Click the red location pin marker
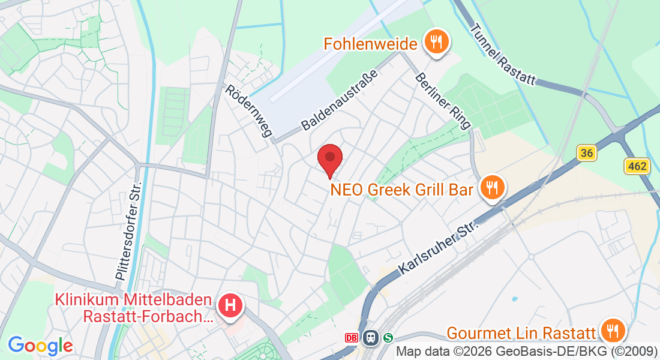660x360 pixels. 329,159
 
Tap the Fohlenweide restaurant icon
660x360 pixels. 436,43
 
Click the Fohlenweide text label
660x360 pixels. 370,44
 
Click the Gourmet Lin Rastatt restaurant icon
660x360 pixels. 612,331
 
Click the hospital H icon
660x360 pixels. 230,306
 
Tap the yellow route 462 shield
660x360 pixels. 637,166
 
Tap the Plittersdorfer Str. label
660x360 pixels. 128,230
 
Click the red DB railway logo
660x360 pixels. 352,337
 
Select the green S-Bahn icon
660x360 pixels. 388,337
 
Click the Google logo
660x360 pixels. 40,346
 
